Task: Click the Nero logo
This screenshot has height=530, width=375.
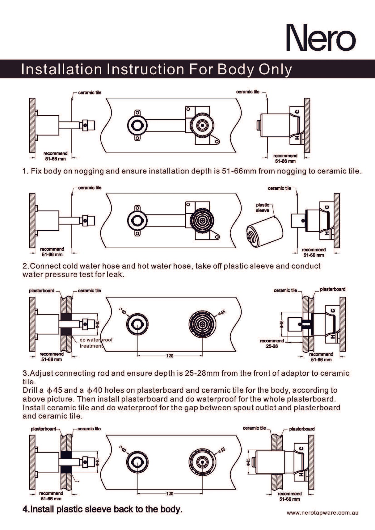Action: tap(321, 38)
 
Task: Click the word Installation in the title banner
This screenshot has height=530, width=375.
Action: tap(61, 69)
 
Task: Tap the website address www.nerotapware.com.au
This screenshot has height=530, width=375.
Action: tap(322, 513)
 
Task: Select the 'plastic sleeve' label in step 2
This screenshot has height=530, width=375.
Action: tap(262, 207)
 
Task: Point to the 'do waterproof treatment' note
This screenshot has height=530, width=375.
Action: tap(96, 343)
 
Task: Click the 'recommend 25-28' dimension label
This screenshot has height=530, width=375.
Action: tap(272, 344)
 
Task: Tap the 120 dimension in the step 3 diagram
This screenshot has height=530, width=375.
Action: tap(170, 356)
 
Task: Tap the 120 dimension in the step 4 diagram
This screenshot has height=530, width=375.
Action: tap(170, 494)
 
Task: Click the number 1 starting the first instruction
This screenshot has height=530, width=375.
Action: tap(24, 171)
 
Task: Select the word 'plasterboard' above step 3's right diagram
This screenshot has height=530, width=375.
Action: tap(332, 289)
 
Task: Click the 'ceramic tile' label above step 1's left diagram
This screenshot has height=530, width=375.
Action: tap(90, 93)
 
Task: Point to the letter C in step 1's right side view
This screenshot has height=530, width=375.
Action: tap(297, 112)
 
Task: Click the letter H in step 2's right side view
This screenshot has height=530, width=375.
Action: tap(327, 233)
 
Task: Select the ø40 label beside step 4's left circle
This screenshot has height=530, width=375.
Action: tap(123, 449)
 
